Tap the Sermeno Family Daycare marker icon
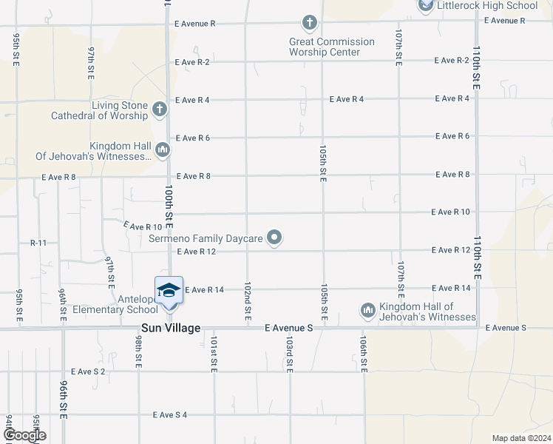click(x=275, y=238)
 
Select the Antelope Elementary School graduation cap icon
click(x=169, y=289)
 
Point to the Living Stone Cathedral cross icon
click(x=158, y=110)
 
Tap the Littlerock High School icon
click(x=425, y=6)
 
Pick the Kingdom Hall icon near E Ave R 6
click(x=163, y=151)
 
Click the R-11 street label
click(x=38, y=243)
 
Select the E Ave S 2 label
click(x=88, y=371)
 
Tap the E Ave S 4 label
click(x=169, y=415)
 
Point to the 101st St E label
click(x=213, y=355)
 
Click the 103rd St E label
click(x=290, y=355)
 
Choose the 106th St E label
click(x=364, y=355)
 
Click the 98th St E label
click(x=138, y=351)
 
